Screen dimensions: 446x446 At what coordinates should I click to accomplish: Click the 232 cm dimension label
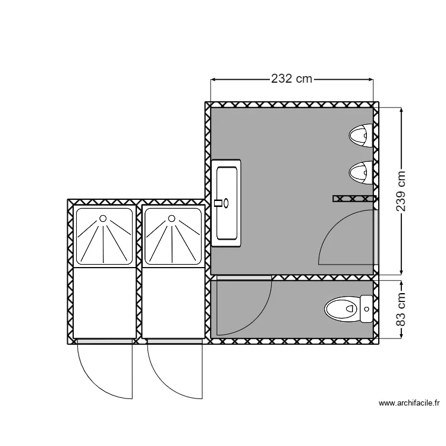(x=291, y=78)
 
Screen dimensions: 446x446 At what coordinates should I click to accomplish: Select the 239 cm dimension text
(x=400, y=191)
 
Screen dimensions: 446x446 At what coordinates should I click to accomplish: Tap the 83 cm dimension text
(x=400, y=309)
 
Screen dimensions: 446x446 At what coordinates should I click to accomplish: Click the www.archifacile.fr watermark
(x=409, y=403)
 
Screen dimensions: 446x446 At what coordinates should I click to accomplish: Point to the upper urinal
(x=361, y=136)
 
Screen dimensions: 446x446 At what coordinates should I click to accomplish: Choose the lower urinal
(x=361, y=172)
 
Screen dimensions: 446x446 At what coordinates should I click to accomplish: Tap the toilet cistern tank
(x=366, y=309)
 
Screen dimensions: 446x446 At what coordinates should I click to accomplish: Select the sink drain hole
(x=226, y=203)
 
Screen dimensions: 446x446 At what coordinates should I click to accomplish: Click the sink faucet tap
(x=218, y=203)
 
